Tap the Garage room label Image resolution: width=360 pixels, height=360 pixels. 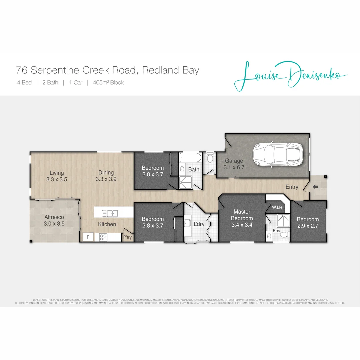[x=234, y=161]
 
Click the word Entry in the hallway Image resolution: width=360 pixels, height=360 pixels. [x=292, y=187]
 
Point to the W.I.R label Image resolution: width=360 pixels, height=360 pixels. [x=277, y=207]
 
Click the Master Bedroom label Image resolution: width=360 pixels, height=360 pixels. [x=242, y=215]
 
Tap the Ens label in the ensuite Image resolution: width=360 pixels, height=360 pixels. [x=277, y=230]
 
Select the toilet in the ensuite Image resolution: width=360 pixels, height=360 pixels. [x=283, y=235]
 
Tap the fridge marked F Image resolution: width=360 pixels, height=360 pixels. [x=88, y=237]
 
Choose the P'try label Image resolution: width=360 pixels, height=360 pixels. [x=127, y=237]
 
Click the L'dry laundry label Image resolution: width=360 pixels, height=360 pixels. [x=199, y=224]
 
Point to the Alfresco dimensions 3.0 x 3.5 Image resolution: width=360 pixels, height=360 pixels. [x=54, y=224]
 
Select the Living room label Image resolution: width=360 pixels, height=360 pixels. [x=57, y=173]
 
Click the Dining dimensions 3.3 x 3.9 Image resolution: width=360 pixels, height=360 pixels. [x=106, y=179]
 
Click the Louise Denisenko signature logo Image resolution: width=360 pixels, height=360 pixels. [x=290, y=75]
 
